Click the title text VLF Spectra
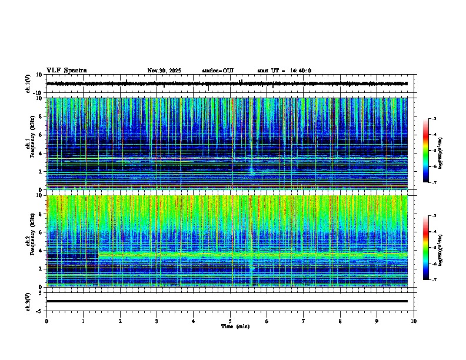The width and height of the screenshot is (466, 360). [x=66, y=71]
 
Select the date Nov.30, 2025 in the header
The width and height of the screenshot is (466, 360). [x=164, y=71]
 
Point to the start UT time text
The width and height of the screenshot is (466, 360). [x=284, y=71]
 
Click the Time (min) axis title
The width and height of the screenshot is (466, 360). [x=235, y=326]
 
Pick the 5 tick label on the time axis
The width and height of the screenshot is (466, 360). [x=230, y=321]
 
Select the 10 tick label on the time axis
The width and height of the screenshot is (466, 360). [x=414, y=321]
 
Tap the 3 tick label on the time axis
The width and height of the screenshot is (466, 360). [x=157, y=321]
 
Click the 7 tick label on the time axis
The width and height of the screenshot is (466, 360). [x=304, y=321]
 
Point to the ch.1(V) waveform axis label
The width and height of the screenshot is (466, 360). [x=28, y=84]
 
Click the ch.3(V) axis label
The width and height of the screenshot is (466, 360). [x=28, y=301]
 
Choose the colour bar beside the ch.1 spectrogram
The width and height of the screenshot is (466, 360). [x=426, y=151]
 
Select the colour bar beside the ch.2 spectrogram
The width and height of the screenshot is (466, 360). [x=426, y=248]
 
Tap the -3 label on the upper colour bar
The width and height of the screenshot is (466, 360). [x=434, y=119]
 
